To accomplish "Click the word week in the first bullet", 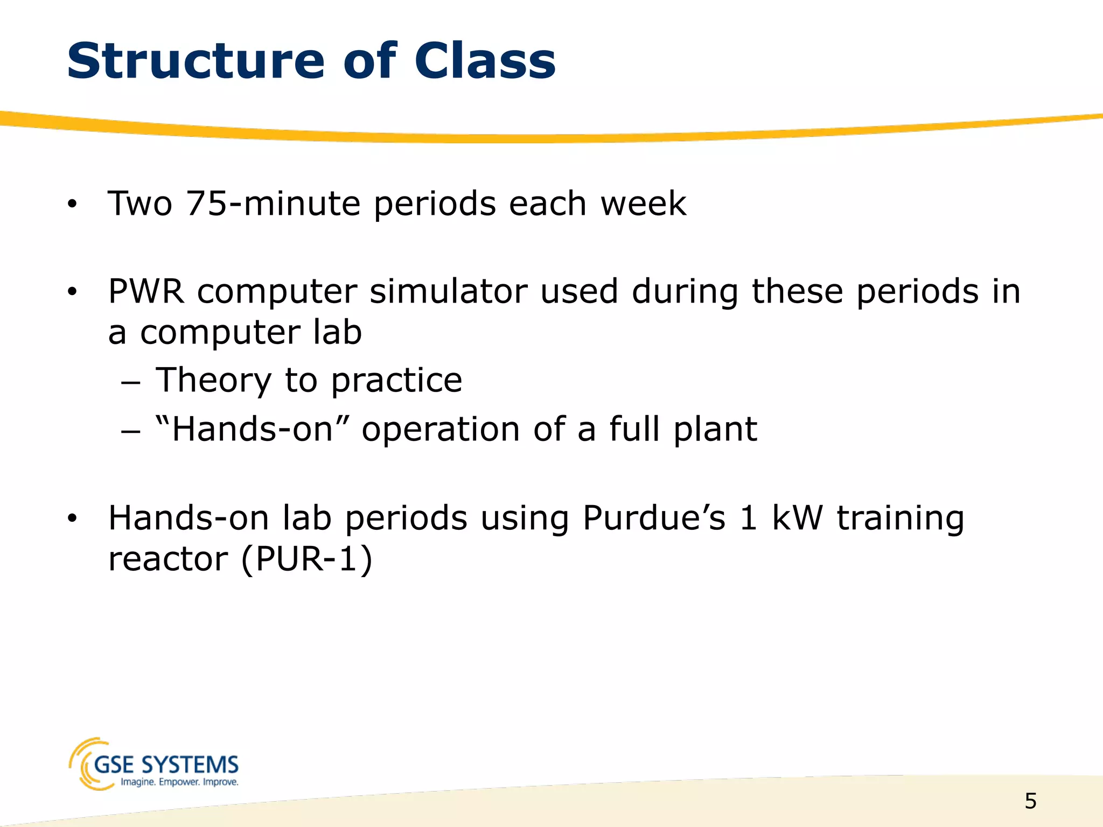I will (644, 204).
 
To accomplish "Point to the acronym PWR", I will (146, 292).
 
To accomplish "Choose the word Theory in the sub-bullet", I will (213, 380).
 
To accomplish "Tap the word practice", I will (396, 380).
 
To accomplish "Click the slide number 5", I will (1030, 801).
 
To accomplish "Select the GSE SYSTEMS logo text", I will (166, 765).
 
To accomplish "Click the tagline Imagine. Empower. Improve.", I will (179, 782).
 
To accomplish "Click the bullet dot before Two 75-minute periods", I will (72, 205).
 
